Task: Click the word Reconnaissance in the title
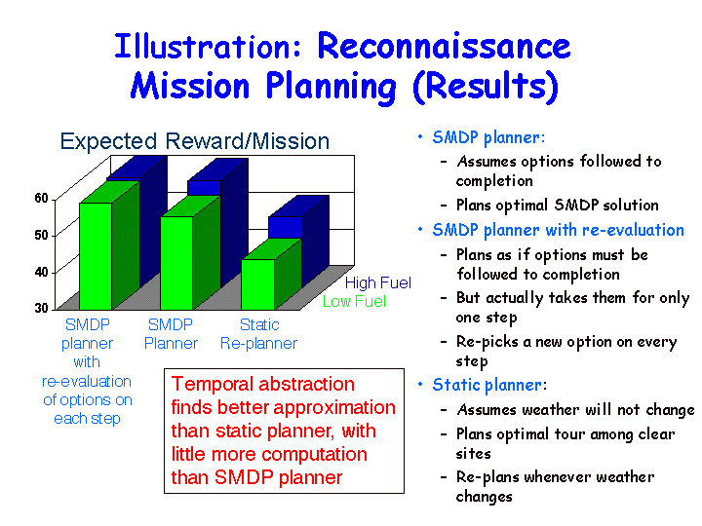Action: (x=444, y=46)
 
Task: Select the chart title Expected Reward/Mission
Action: (x=195, y=141)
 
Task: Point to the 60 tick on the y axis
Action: (x=41, y=198)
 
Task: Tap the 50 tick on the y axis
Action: (x=41, y=235)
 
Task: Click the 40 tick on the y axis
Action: (x=41, y=272)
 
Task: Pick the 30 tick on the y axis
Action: (x=41, y=308)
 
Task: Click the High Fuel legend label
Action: (x=378, y=282)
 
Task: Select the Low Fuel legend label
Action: (x=354, y=301)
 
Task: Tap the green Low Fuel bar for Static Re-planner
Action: (x=257, y=284)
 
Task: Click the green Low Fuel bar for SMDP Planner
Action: (x=176, y=263)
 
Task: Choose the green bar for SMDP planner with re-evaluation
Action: (x=96, y=256)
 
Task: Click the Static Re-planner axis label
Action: (x=258, y=334)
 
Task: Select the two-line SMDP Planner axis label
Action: (x=171, y=334)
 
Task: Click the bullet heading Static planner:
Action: (x=489, y=385)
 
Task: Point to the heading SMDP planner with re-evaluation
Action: (x=559, y=230)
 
